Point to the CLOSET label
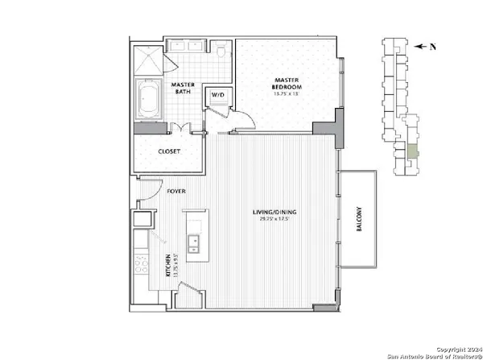click(x=169, y=151)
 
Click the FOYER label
click(x=176, y=192)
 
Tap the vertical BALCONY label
click(x=360, y=221)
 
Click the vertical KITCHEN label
click(x=168, y=265)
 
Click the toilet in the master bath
click(x=222, y=52)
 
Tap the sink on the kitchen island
click(x=193, y=242)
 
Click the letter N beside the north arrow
click(x=432, y=47)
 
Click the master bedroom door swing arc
click(x=246, y=122)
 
